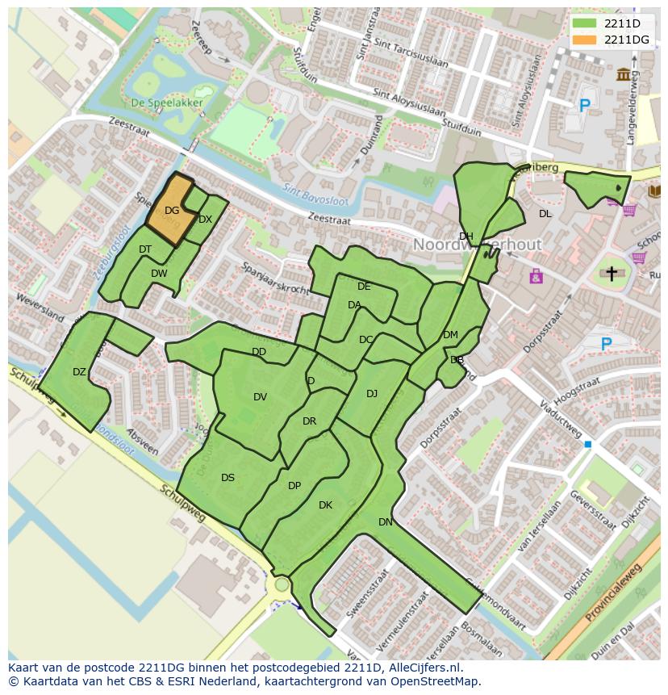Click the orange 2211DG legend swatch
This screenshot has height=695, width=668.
(x=586, y=40)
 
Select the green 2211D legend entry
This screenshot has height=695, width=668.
(x=621, y=23)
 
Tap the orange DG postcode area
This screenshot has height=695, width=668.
(x=171, y=211)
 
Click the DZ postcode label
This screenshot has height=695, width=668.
(x=79, y=372)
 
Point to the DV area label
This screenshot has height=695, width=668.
(x=260, y=396)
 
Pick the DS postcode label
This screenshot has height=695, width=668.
(x=228, y=478)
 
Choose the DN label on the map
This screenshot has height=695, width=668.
(x=386, y=522)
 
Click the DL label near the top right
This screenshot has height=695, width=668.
(x=545, y=214)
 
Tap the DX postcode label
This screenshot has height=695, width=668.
(x=205, y=220)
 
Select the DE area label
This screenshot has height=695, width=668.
(x=364, y=287)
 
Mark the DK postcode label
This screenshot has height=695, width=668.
(x=325, y=505)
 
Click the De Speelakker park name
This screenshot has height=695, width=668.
(x=167, y=103)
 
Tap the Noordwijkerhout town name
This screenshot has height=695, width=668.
(x=478, y=244)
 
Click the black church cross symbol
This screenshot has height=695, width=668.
(x=612, y=274)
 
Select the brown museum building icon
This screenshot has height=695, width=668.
(x=624, y=75)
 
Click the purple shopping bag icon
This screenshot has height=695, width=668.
(x=536, y=277)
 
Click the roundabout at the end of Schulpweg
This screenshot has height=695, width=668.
(x=282, y=584)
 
